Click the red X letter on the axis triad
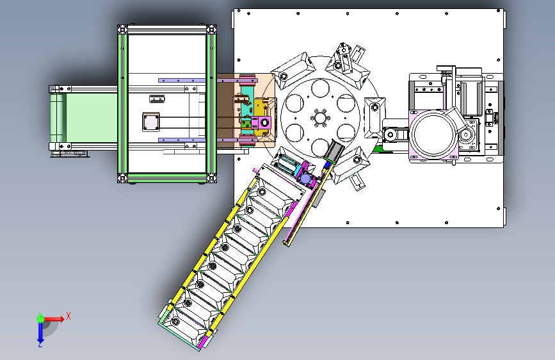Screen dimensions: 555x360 click(68, 316)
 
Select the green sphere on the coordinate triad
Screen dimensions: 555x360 click(40, 319)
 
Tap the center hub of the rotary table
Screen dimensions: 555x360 click(320, 118)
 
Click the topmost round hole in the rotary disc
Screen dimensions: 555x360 click(320, 88)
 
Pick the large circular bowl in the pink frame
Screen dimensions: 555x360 click(433, 135)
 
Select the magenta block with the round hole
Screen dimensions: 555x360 click(261, 123)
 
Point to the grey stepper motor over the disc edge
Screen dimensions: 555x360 click(333, 151)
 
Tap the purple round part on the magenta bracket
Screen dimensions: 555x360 click(305, 179)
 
